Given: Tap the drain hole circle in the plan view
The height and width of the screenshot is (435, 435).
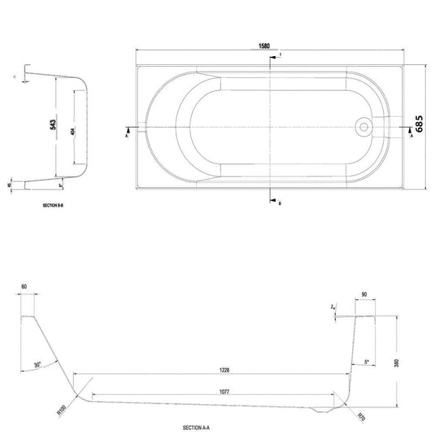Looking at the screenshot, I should click(x=363, y=128).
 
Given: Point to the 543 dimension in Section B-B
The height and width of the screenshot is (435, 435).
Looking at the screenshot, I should click(x=52, y=126).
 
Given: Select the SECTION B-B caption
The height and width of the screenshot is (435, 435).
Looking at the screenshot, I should click(x=55, y=209).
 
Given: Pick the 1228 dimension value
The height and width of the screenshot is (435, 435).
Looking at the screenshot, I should click(x=213, y=369).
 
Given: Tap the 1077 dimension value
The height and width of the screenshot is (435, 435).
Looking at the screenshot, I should click(x=213, y=391).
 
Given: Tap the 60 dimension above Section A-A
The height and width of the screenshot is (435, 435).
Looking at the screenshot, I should click(x=24, y=286).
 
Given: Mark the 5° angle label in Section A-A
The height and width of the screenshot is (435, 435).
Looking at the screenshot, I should click(x=368, y=361).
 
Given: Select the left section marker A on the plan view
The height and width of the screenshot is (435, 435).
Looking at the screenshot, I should click(x=128, y=135).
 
